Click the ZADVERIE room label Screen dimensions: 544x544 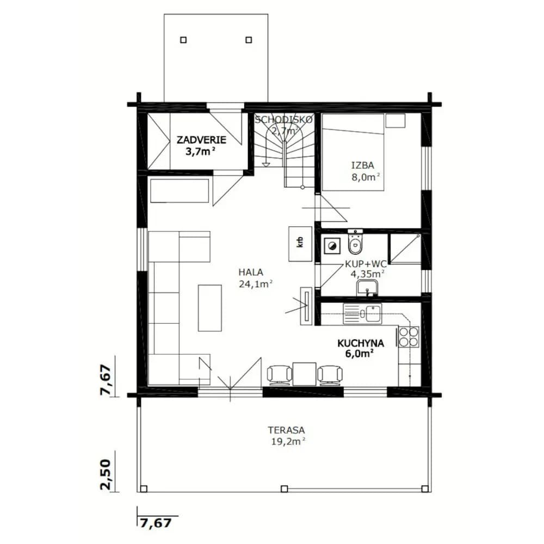(x=201, y=140)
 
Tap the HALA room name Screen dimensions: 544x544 (x=251, y=273)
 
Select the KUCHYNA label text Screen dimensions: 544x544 (x=361, y=343)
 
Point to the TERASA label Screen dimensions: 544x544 (x=286, y=430)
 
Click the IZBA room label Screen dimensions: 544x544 (x=363, y=165)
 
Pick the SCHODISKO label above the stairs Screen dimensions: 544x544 (x=284, y=120)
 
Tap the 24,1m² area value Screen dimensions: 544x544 (x=255, y=284)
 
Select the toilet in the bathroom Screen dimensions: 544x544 (x=355, y=242)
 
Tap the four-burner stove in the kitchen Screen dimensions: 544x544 (x=409, y=337)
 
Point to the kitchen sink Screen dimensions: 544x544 (x=362, y=314)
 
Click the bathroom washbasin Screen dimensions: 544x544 (x=367, y=288)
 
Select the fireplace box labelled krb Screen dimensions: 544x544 (x=300, y=244)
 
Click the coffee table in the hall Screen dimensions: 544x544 (x=210, y=308)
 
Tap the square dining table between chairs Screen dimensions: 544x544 (x=304, y=374)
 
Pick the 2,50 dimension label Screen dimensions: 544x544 (x=106, y=474)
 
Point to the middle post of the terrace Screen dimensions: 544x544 (x=284, y=489)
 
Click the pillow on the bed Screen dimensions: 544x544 (x=395, y=121)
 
